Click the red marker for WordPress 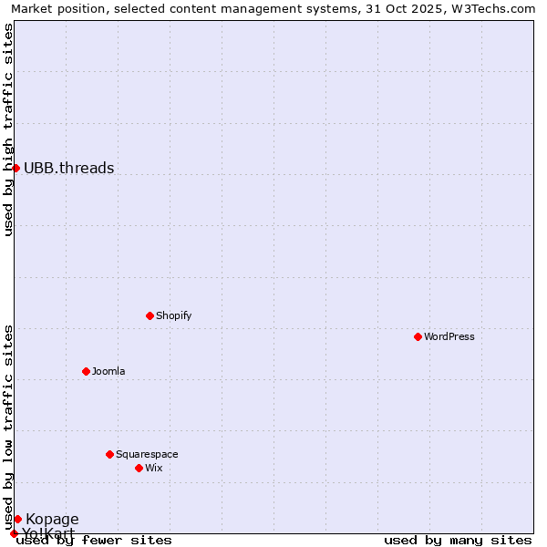[x=418, y=336]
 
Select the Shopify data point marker [x=150, y=315]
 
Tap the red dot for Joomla [x=86, y=371]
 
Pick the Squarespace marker [x=109, y=454]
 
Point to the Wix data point [x=139, y=468]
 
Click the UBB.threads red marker [x=15, y=168]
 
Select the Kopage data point [x=17, y=519]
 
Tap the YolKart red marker [x=14, y=533]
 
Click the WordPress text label [x=449, y=336]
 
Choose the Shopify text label [x=174, y=315]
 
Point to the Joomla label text [x=108, y=371]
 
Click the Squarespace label [x=147, y=454]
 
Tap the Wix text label [x=154, y=468]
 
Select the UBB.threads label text [x=69, y=168]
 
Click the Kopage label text [x=52, y=520]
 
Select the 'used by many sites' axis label [x=458, y=540]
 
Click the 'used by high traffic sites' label [x=8, y=129]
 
